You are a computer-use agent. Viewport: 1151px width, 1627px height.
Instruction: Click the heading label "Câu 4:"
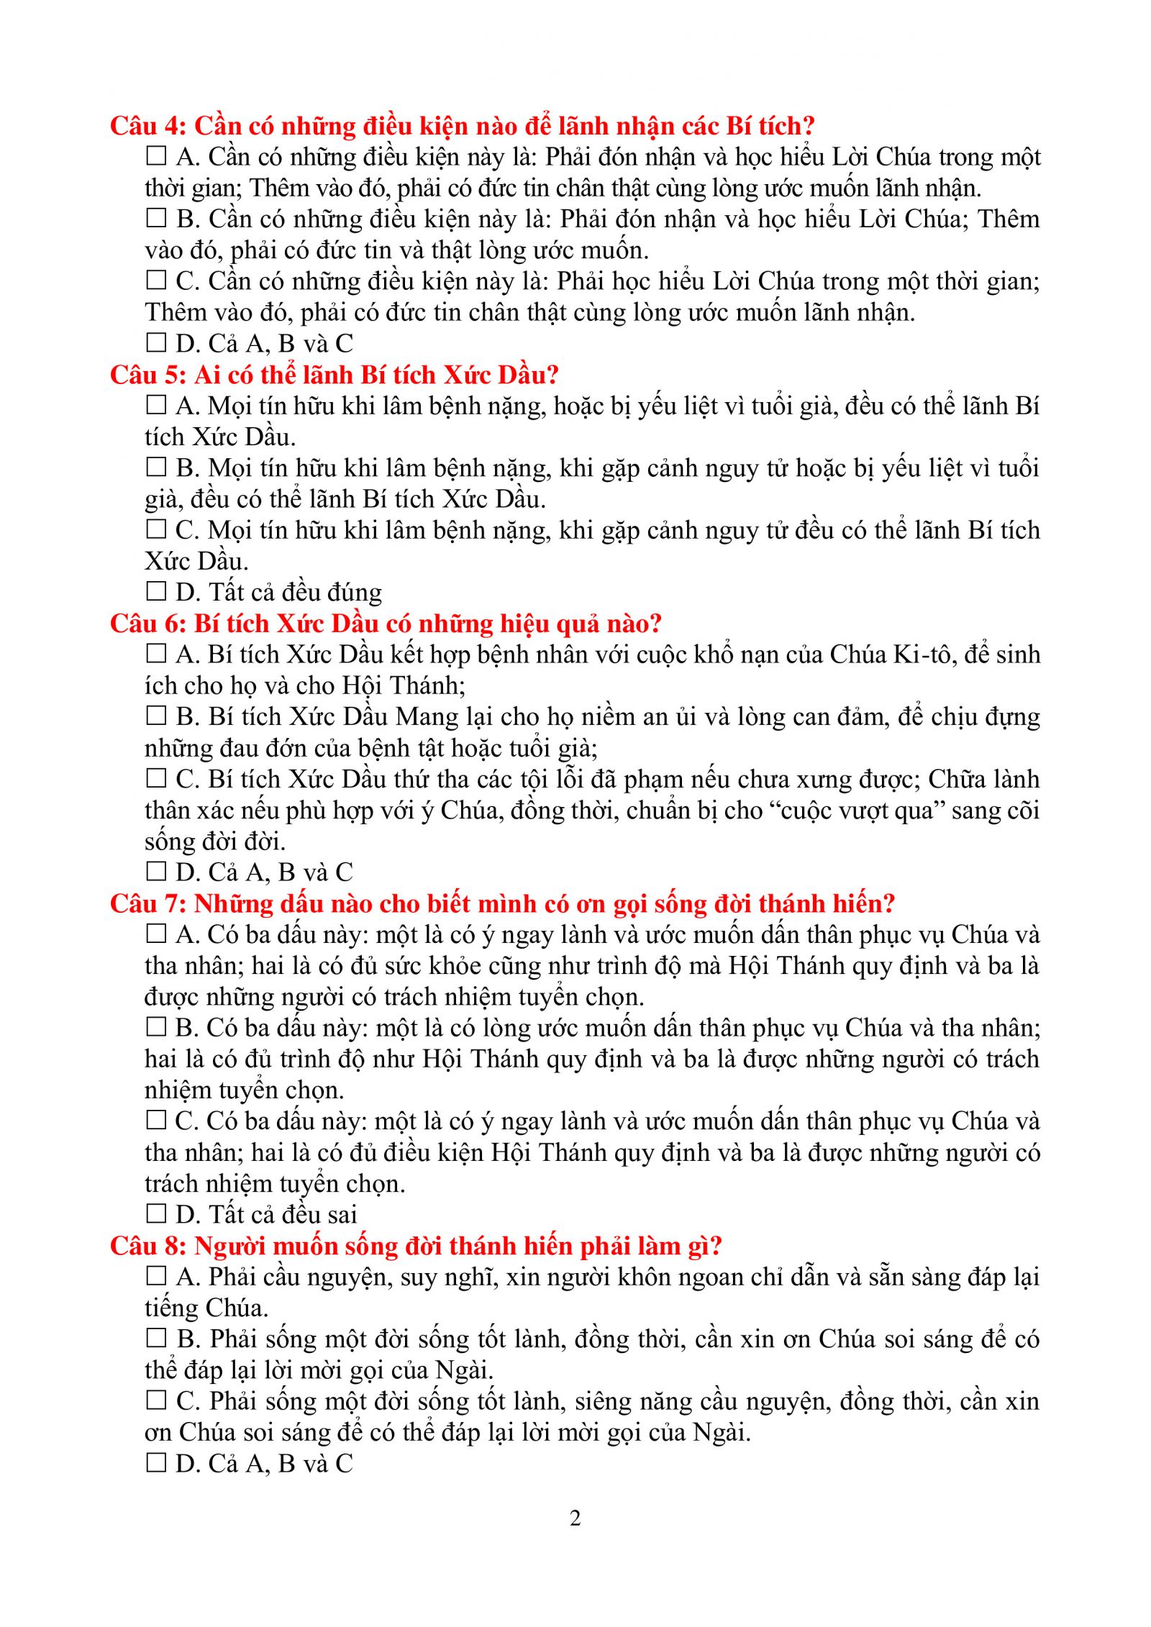(148, 127)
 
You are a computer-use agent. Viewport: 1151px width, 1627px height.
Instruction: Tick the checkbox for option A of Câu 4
(156, 156)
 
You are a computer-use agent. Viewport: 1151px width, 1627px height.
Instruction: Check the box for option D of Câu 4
(156, 342)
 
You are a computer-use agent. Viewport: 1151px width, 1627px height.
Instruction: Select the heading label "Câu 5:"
(148, 375)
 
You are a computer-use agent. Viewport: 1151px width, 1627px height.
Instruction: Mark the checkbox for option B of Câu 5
(156, 468)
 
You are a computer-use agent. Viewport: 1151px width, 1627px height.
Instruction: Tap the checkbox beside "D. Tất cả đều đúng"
(156, 591)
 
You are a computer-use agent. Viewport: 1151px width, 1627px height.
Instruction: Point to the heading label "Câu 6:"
(148, 624)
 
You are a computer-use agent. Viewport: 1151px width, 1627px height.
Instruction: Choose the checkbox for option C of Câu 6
(156, 778)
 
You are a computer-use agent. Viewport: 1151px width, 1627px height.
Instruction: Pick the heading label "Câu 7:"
(148, 904)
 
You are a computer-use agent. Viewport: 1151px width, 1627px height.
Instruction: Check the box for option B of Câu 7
(156, 1027)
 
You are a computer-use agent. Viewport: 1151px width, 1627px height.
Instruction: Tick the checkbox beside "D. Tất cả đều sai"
(156, 1214)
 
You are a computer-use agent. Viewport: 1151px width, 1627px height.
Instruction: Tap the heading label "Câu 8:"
(148, 1247)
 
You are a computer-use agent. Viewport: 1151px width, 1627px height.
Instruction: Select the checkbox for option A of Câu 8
(156, 1277)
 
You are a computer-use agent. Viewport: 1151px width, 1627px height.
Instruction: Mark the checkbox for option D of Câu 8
(156, 1463)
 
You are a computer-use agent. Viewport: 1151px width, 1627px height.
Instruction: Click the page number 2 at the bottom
(575, 1518)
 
